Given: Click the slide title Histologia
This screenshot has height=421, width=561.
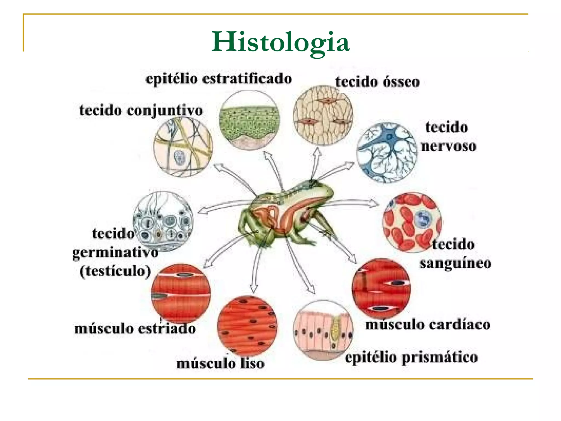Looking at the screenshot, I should click(x=280, y=42).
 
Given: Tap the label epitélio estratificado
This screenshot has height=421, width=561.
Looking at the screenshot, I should click(x=219, y=79).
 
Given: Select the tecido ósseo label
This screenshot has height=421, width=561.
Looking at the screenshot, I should click(x=377, y=82).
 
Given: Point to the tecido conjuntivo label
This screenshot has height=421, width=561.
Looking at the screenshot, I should click(x=141, y=110).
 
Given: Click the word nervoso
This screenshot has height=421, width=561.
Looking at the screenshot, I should click(x=449, y=146).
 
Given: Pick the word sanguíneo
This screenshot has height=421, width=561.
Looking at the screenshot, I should click(x=455, y=263).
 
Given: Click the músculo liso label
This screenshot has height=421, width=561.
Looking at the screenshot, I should click(x=221, y=364).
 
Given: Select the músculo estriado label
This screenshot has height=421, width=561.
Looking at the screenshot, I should click(x=135, y=329).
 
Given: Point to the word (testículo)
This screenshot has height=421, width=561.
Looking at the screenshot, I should click(x=115, y=271).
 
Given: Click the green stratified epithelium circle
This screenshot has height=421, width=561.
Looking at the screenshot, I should click(x=250, y=120).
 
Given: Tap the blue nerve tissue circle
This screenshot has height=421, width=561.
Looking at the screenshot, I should click(x=387, y=153).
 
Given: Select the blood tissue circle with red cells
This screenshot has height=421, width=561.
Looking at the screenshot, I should click(x=412, y=222).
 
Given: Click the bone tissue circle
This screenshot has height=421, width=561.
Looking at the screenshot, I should click(x=323, y=115).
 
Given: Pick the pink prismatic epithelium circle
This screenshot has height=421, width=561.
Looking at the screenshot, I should click(x=323, y=330).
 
